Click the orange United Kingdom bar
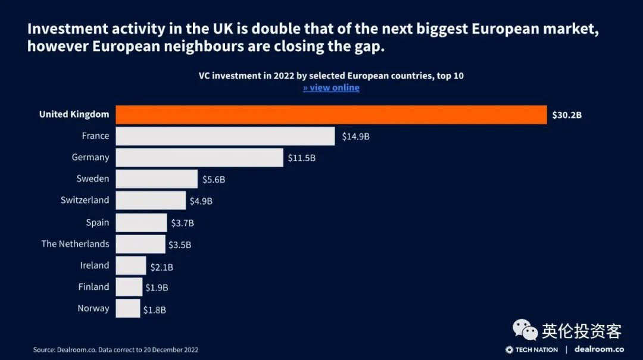click(x=331, y=114)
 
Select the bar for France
click(x=225, y=136)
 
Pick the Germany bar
click(x=199, y=158)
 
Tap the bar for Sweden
click(x=157, y=179)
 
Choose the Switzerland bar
click(x=151, y=201)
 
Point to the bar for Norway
click(x=128, y=308)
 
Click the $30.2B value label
click(x=566, y=115)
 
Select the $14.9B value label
click(x=355, y=136)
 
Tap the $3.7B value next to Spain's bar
click(x=183, y=223)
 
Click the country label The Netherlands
click(x=75, y=244)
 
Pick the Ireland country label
click(x=95, y=265)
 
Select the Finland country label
click(x=93, y=287)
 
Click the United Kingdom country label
click(x=74, y=114)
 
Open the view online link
click(x=331, y=88)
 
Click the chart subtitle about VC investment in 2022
click(x=331, y=76)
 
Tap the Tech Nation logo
click(x=532, y=349)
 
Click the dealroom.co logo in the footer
click(x=599, y=349)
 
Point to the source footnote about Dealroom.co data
click(x=116, y=350)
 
